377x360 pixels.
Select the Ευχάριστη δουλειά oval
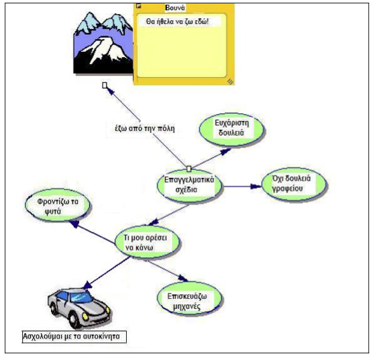pyautogui.click(x=231, y=130)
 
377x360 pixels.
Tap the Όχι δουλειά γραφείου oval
pyautogui.click(x=294, y=185)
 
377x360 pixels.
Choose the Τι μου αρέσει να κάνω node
pyautogui.click(x=147, y=242)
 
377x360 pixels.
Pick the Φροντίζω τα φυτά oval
pyautogui.click(x=58, y=205)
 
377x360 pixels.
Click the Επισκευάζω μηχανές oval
pyautogui.click(x=189, y=300)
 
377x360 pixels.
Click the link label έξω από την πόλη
pyautogui.click(x=145, y=128)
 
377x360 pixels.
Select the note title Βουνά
pyautogui.click(x=175, y=8)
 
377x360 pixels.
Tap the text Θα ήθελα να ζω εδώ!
pyautogui.click(x=177, y=21)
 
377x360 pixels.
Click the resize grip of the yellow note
pyautogui.click(x=230, y=82)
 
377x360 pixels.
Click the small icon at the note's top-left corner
pyautogui.click(x=138, y=5)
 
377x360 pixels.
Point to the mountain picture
pyautogui.click(x=103, y=43)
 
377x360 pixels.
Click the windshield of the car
pyautogui.click(x=80, y=297)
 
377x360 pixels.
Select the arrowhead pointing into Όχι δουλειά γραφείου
pyautogui.click(x=256, y=186)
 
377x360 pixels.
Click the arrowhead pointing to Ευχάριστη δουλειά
pyautogui.click(x=225, y=152)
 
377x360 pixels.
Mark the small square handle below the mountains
pyautogui.click(x=105, y=85)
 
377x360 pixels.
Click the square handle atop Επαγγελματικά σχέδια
pyautogui.click(x=189, y=169)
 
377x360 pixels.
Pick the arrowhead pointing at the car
pyautogui.click(x=87, y=285)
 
